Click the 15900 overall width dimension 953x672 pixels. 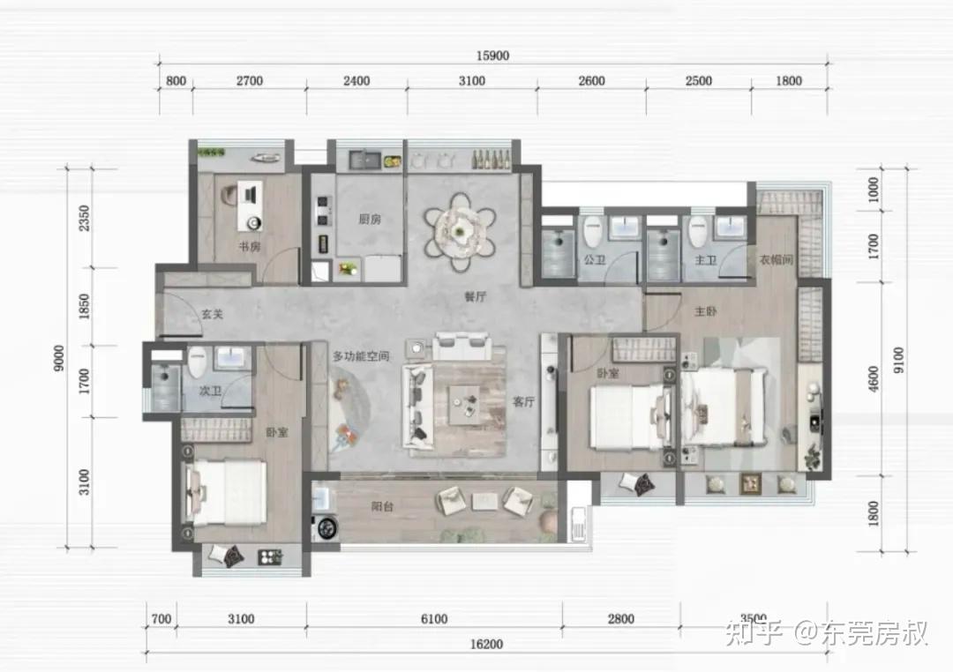pyautogui.click(x=492, y=56)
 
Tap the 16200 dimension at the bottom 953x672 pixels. pyautogui.click(x=486, y=644)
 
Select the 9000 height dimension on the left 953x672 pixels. pyautogui.click(x=58, y=358)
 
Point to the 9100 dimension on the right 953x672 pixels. pyautogui.click(x=898, y=361)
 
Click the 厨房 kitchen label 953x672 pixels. pyautogui.click(x=370, y=219)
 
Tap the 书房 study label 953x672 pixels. pyautogui.click(x=249, y=247)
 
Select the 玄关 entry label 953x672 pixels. pyautogui.click(x=212, y=314)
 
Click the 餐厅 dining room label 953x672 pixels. pyautogui.click(x=476, y=296)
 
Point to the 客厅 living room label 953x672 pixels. pyautogui.click(x=523, y=401)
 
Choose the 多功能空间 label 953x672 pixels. pyautogui.click(x=361, y=356)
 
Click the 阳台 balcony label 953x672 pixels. pyautogui.click(x=382, y=506)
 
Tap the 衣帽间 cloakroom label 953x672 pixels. pyautogui.click(x=777, y=259)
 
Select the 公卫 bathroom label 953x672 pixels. pyautogui.click(x=595, y=260)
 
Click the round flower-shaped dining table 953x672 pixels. pyautogui.click(x=460, y=231)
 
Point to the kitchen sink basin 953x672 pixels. pyautogui.click(x=364, y=161)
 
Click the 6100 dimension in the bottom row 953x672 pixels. pyautogui.click(x=434, y=619)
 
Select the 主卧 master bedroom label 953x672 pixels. pyautogui.click(x=706, y=311)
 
